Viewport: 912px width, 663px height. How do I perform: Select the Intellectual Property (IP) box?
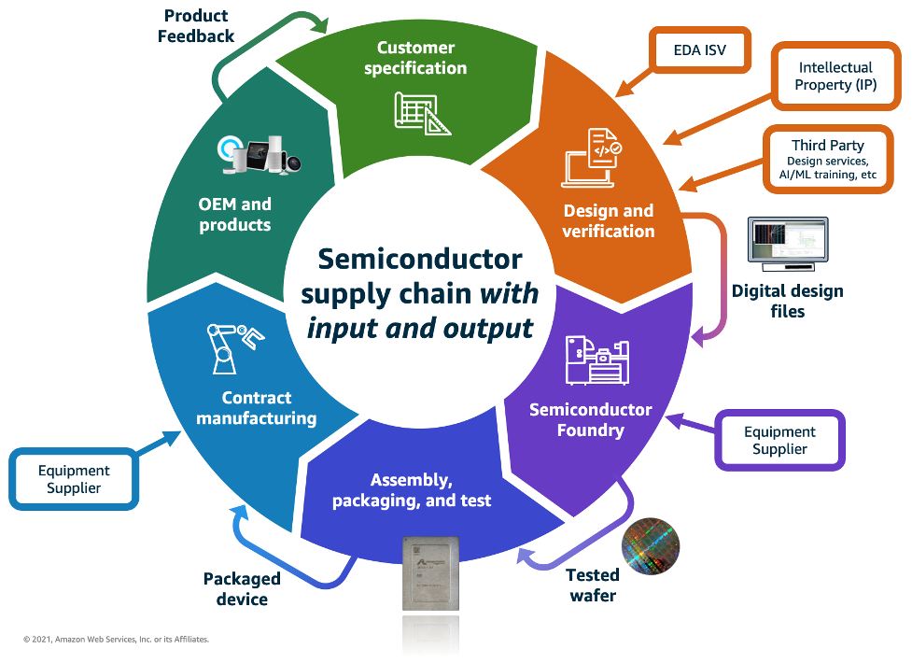click(835, 77)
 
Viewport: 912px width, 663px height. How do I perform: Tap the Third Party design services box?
click(827, 160)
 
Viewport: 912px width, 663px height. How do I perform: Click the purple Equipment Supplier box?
click(779, 440)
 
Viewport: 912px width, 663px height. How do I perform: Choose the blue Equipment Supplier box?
click(74, 479)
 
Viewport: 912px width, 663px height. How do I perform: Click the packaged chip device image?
click(432, 574)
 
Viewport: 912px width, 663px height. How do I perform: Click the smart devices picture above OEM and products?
click(260, 155)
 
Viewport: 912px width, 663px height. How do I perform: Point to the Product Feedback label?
click(196, 25)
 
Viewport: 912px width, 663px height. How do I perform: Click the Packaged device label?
click(242, 589)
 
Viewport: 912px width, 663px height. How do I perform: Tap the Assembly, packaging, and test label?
click(412, 490)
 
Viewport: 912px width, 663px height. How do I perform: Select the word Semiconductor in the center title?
click(420, 259)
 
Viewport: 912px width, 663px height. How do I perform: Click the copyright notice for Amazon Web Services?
click(116, 640)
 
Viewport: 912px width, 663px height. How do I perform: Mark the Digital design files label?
click(787, 301)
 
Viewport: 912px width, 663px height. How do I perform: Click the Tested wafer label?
click(592, 585)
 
